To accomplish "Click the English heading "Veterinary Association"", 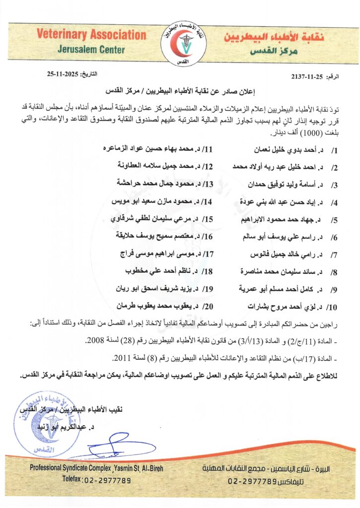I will (x=91, y=35).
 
